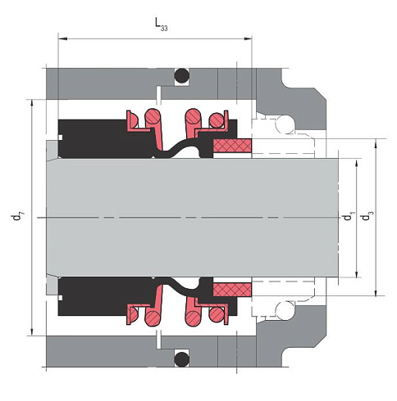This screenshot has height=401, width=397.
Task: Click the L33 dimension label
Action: [161, 25]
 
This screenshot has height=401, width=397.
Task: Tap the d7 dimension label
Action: [17, 217]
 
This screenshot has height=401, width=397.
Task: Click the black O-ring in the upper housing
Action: [182, 75]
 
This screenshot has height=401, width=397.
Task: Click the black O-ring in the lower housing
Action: [182, 359]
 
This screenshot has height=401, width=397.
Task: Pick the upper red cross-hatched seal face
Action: [232, 146]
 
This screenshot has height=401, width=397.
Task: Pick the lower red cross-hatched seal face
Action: [232, 290]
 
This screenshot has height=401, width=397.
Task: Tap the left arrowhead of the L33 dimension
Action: [62, 39]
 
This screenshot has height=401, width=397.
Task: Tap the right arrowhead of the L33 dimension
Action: [248, 39]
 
